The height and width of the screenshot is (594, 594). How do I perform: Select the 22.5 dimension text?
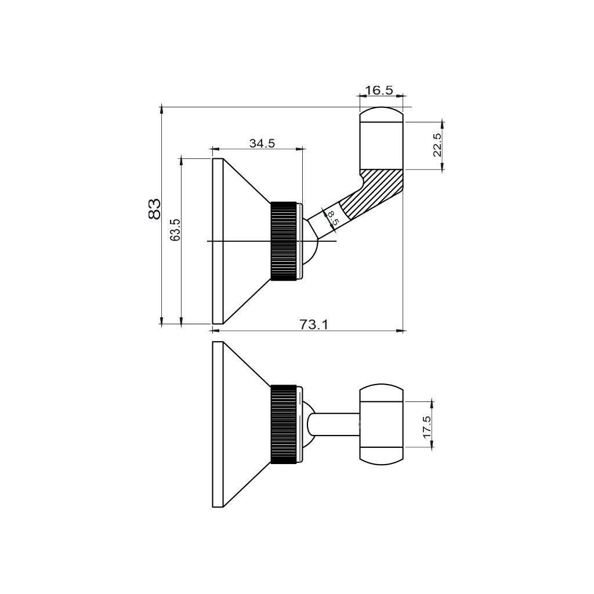click(437, 145)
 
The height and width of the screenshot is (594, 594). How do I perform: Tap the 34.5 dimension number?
click(262, 143)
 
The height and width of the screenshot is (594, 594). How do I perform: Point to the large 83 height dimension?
click(154, 209)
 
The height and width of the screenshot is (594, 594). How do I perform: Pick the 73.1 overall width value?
click(314, 325)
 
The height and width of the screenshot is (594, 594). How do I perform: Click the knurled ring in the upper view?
click(284, 241)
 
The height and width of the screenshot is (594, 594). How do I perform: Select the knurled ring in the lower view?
click(284, 425)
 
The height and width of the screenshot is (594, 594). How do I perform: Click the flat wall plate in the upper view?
click(218, 241)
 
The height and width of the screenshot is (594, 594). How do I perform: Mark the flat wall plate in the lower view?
click(218, 425)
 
